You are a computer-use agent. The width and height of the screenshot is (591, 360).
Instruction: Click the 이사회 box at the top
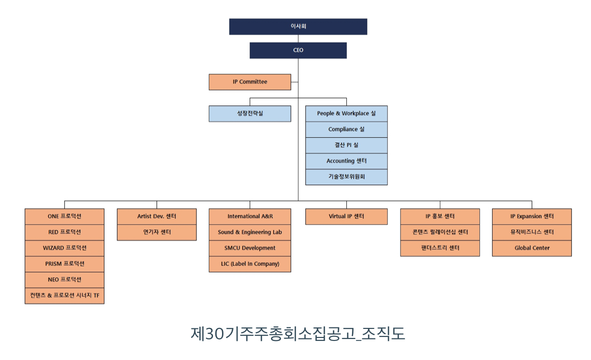pyautogui.click(x=298, y=27)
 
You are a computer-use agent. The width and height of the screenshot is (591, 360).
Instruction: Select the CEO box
pyautogui.click(x=298, y=50)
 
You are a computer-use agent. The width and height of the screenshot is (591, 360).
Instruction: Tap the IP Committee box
pyautogui.click(x=250, y=82)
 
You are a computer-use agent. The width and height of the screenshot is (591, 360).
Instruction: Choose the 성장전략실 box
pyautogui.click(x=250, y=113)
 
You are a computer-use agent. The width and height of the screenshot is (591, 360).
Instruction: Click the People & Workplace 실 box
pyautogui.click(x=346, y=113)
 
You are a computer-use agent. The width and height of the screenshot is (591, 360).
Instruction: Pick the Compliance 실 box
pyautogui.click(x=346, y=129)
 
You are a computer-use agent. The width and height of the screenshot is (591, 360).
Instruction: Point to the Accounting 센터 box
pyautogui.click(x=346, y=161)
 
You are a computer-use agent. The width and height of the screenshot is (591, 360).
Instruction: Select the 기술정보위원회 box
pyautogui.click(x=346, y=176)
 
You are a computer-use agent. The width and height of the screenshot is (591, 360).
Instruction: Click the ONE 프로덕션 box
pyautogui.click(x=65, y=217)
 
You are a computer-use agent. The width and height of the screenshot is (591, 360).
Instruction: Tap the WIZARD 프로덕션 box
pyautogui.click(x=65, y=248)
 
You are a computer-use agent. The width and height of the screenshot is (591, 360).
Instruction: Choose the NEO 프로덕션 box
pyautogui.click(x=65, y=280)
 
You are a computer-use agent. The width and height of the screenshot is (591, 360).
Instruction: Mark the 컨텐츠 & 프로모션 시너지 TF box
pyautogui.click(x=65, y=296)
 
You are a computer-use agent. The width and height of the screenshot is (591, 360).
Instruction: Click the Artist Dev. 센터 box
pyautogui.click(x=157, y=217)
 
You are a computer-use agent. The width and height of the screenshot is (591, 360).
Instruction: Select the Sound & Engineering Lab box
pyautogui.click(x=250, y=232)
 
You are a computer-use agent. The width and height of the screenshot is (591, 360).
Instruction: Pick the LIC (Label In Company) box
pyautogui.click(x=250, y=264)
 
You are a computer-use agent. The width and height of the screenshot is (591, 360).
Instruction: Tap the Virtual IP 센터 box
pyautogui.click(x=346, y=217)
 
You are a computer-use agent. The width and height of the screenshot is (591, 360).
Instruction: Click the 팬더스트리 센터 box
pyautogui.click(x=440, y=248)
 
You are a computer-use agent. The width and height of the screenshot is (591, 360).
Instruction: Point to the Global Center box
pyautogui.click(x=532, y=248)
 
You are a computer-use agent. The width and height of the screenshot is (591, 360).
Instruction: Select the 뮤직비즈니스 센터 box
pyautogui.click(x=532, y=232)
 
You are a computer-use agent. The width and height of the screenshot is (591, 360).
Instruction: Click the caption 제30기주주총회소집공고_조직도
pyautogui.click(x=298, y=334)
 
